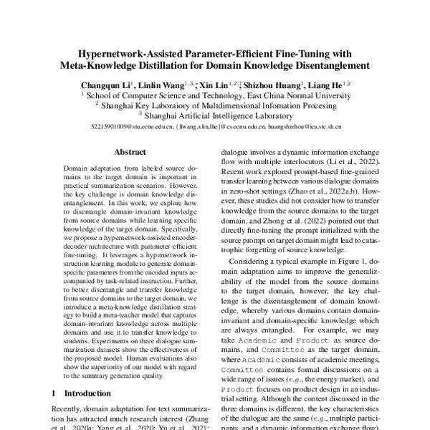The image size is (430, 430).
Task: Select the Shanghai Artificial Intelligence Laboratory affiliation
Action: (216, 113)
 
